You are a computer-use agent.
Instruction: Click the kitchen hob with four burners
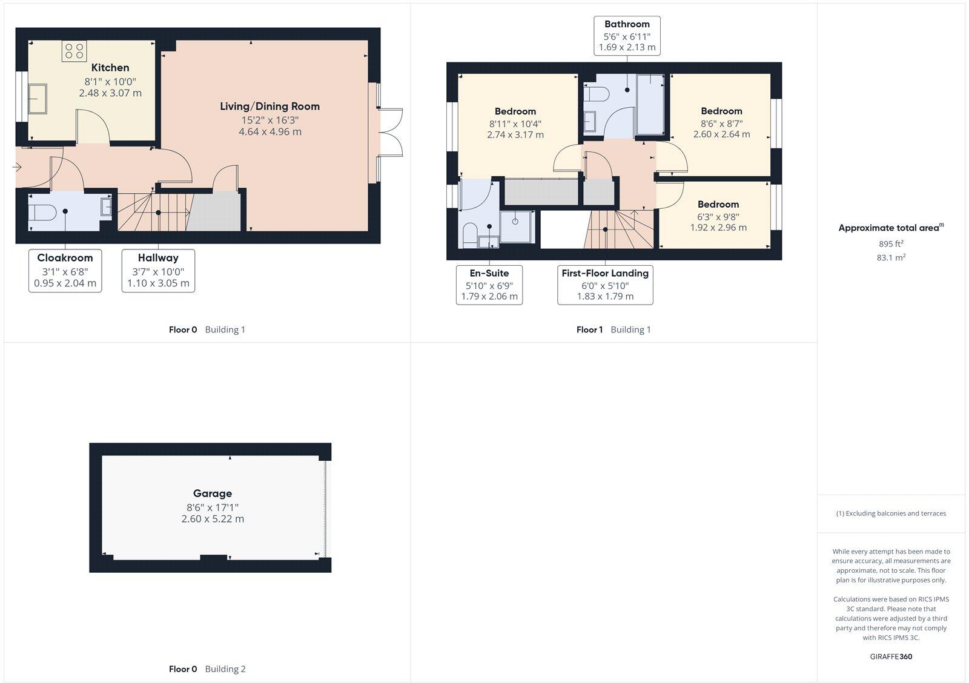click(x=74, y=51)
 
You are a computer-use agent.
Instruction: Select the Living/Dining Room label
click(x=270, y=107)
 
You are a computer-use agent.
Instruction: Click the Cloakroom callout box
click(x=65, y=271)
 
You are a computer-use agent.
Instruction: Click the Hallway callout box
click(x=158, y=271)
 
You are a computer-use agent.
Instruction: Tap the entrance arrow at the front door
click(x=16, y=167)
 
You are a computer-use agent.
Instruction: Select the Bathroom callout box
click(x=627, y=36)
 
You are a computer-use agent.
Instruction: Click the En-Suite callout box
click(x=489, y=285)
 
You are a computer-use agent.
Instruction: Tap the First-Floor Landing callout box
click(x=605, y=285)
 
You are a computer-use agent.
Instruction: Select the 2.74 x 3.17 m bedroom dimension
click(x=515, y=135)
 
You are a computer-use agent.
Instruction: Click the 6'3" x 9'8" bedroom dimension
click(x=718, y=217)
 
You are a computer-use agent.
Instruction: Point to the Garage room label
click(x=213, y=493)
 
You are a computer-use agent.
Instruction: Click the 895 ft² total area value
click(x=891, y=244)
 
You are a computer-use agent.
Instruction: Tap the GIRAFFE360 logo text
click(x=891, y=656)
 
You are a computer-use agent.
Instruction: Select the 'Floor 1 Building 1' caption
click(x=613, y=330)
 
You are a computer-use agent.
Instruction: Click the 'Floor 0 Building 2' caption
click(x=207, y=669)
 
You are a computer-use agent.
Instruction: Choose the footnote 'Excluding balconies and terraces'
click(x=891, y=513)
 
